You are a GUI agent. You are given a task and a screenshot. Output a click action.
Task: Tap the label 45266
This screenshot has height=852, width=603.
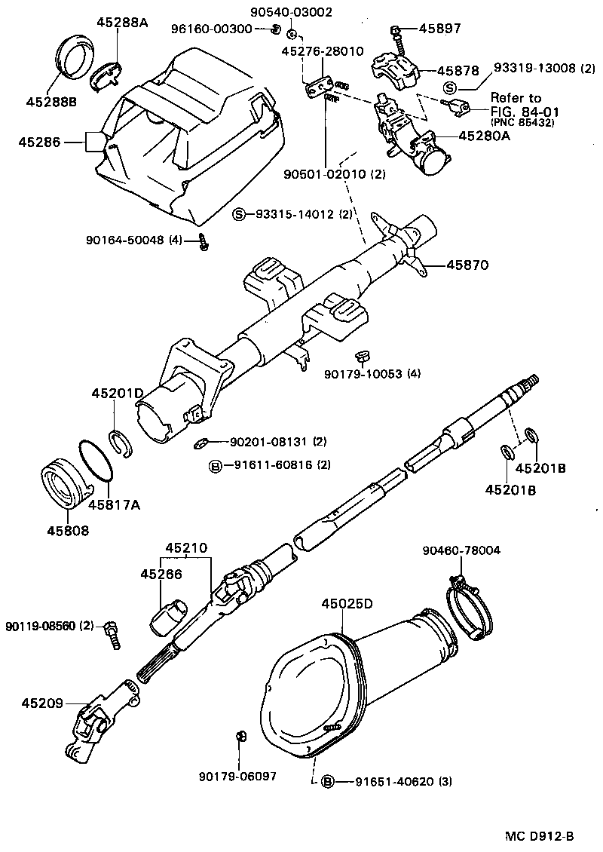pyautogui.click(x=161, y=575)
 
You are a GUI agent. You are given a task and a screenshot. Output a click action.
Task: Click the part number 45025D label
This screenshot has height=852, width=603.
pyautogui.click(x=347, y=604)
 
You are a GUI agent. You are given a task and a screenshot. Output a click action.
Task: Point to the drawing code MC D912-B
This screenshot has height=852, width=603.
pyautogui.click(x=539, y=836)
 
